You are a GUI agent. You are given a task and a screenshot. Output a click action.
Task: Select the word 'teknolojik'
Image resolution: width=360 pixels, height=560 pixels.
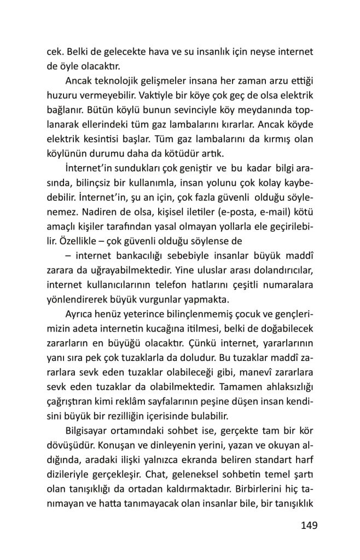124,81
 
